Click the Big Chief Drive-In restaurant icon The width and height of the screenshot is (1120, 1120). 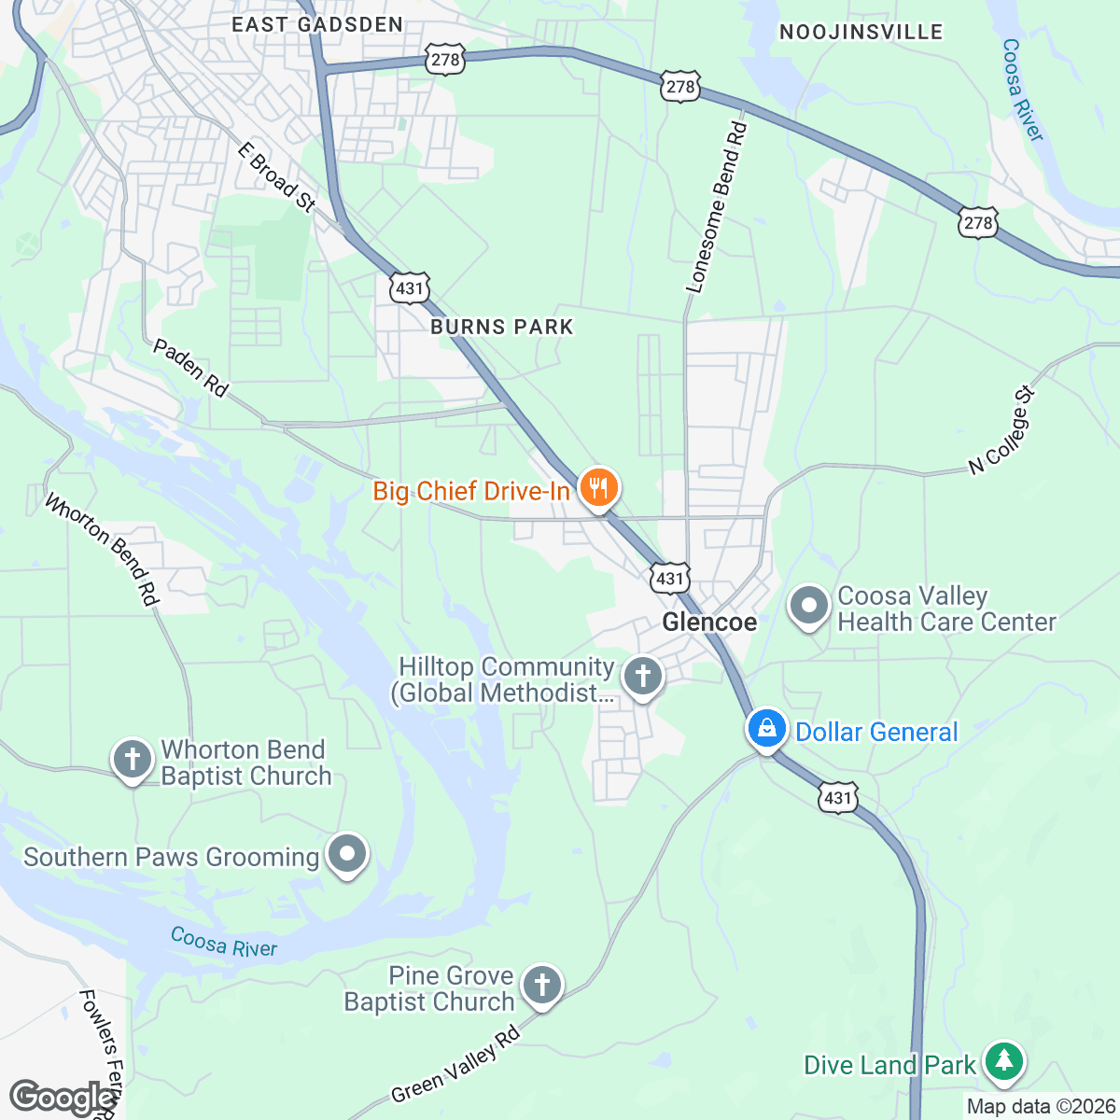(x=597, y=488)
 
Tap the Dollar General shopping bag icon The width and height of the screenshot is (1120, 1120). (x=766, y=729)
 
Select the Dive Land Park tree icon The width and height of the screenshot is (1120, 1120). (x=1003, y=1062)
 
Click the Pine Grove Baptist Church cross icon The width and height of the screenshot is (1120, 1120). (x=541, y=986)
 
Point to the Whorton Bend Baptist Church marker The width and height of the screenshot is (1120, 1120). (x=133, y=760)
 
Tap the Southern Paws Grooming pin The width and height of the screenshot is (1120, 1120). (x=348, y=854)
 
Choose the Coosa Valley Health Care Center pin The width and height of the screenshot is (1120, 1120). (x=808, y=607)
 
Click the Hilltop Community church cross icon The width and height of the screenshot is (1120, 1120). (x=642, y=677)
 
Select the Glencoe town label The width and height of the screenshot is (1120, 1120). (x=709, y=623)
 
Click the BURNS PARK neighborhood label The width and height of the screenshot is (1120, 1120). (x=502, y=327)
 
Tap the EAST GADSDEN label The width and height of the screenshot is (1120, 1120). (x=317, y=25)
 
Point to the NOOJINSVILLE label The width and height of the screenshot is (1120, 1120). (x=861, y=33)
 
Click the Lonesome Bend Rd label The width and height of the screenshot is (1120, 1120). (x=717, y=207)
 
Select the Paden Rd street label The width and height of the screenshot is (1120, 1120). (x=190, y=368)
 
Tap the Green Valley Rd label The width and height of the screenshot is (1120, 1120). (x=455, y=1065)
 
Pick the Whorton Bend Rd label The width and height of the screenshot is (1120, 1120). (x=102, y=550)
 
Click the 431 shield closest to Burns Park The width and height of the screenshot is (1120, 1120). (x=410, y=288)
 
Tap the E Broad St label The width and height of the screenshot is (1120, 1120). (x=276, y=177)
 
